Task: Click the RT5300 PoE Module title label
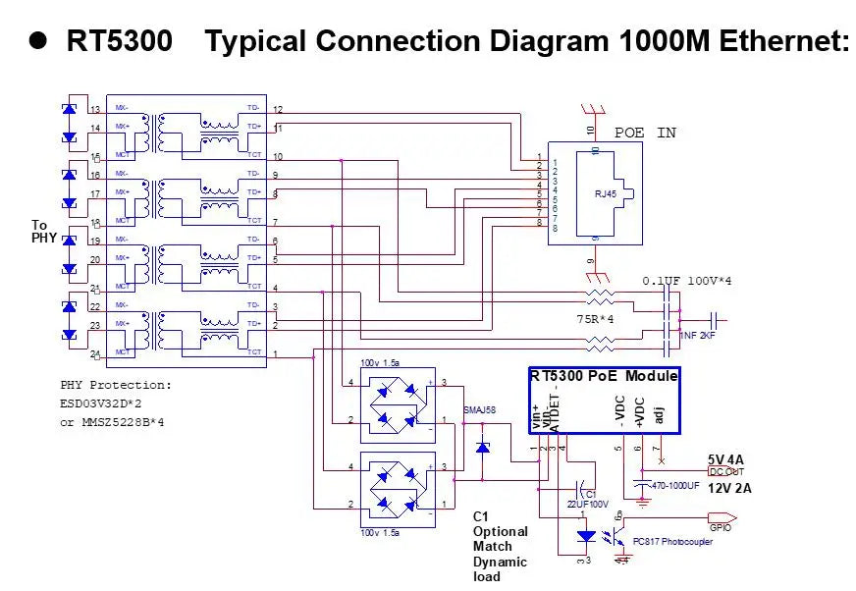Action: click(604, 376)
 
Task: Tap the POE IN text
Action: click(645, 133)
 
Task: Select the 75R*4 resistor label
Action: click(595, 319)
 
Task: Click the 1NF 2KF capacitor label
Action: click(698, 336)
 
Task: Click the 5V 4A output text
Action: click(725, 458)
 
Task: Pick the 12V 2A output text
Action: click(731, 488)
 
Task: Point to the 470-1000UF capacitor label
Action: click(675, 485)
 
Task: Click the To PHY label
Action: click(44, 232)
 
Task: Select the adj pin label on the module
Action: click(660, 413)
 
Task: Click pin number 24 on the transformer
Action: click(95, 354)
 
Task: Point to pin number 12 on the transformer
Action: click(278, 109)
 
